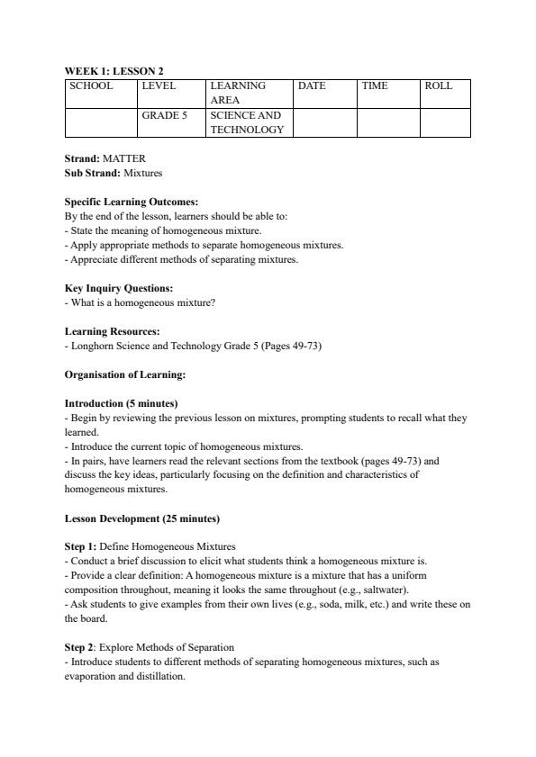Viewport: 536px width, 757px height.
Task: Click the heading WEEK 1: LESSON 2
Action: point(114,70)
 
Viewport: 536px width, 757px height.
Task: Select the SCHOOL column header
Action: point(91,86)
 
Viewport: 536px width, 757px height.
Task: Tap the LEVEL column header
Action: point(159,86)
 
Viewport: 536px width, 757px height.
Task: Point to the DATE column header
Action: point(312,86)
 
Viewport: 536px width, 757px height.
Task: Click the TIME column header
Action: point(374,86)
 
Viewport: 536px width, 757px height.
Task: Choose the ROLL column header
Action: point(439,86)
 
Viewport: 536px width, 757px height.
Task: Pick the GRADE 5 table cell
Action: point(165,115)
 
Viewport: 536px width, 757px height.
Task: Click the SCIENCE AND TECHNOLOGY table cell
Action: point(246,122)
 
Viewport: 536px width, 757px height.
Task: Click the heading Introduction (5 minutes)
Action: point(122,403)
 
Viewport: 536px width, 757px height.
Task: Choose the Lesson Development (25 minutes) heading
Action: point(142,518)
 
